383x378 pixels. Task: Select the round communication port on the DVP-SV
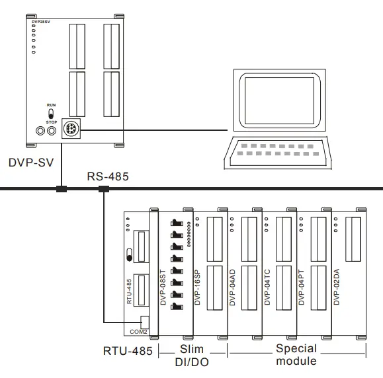coord(71,130)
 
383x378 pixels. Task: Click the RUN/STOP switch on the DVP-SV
coord(50,115)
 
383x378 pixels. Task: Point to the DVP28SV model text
coord(41,22)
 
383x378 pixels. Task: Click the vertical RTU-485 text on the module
coord(130,291)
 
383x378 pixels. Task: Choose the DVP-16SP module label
coord(197,288)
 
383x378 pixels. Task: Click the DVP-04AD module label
coord(232,288)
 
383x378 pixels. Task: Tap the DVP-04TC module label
coord(267,288)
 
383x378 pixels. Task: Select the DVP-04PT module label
coord(302,288)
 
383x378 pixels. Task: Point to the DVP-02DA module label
coord(336,288)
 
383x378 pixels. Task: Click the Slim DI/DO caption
coord(193,354)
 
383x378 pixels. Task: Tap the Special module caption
coord(296,354)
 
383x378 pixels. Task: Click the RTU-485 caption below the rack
coord(127,350)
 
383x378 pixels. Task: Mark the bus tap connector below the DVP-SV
coord(62,190)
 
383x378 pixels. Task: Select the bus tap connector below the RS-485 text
coord(104,190)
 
